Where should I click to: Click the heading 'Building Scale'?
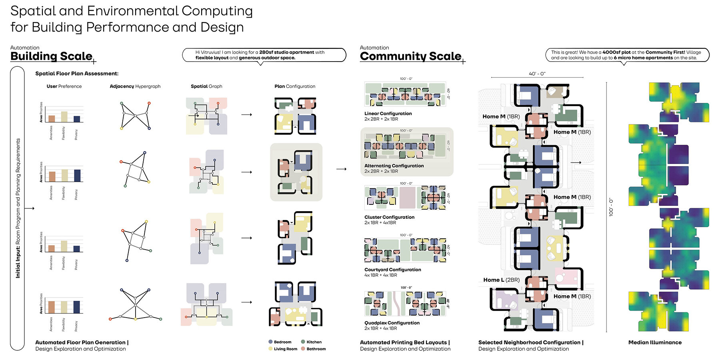51,56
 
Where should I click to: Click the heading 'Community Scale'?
410,56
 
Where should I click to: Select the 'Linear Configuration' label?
388,114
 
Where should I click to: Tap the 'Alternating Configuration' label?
394,166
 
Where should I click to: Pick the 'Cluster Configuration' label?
389,217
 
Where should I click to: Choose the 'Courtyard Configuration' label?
392,270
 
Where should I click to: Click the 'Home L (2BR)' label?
501,280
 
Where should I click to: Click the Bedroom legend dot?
270,342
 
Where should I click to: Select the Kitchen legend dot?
303,342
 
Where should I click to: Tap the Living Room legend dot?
270,349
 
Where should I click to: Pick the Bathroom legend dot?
303,349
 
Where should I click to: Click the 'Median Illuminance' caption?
655,342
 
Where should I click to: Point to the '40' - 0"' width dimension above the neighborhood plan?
537,74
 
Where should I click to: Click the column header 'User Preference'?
64,86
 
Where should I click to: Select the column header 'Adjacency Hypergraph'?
135,86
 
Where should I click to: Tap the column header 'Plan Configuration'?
295,86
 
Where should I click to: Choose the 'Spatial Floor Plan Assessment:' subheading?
77,74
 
